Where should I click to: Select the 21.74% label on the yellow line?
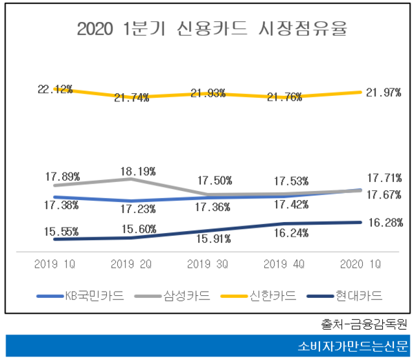(131, 98)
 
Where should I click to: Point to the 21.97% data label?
(384, 92)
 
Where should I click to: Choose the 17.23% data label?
(131, 207)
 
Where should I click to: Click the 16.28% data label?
(384, 222)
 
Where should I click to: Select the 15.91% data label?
(207, 239)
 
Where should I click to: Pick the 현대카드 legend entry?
(357, 296)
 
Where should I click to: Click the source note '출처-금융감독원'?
(365, 323)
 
